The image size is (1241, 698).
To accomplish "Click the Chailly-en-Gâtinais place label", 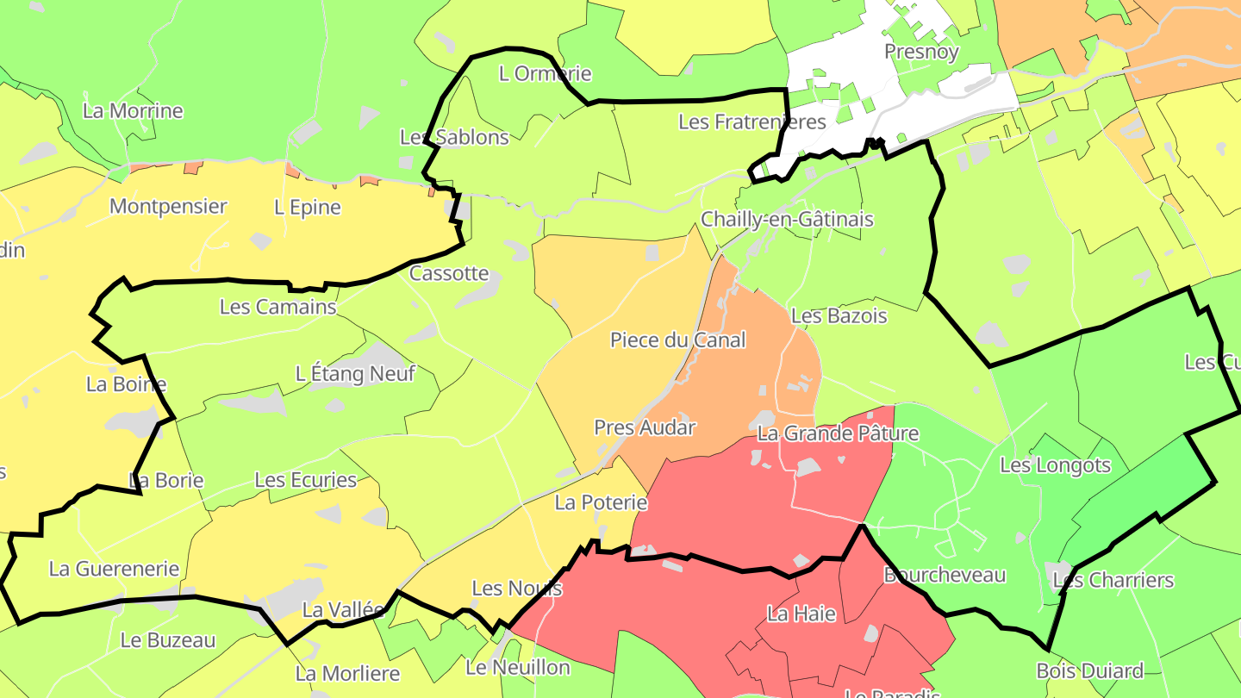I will coord(787,220).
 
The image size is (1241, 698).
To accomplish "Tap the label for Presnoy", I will coord(921,52).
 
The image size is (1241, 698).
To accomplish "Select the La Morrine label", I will coord(133,111).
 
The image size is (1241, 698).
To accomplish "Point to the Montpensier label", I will coord(168,207).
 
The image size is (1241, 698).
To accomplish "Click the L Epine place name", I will coord(308,208).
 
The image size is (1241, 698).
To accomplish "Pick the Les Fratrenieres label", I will coord(751,122).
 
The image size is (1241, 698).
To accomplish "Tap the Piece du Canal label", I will coord(677,340).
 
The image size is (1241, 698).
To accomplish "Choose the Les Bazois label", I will coord(839,316).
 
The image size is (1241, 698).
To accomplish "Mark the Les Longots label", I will coord(1055,466).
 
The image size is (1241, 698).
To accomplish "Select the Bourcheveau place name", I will coord(945,575).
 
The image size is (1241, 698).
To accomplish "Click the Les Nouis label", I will coord(517,589).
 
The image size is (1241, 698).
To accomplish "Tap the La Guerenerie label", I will coord(114,569).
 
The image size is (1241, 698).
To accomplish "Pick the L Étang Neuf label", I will coord(355,374).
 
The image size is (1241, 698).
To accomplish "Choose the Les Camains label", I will coord(278,307).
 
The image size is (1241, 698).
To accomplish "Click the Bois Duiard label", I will coord(1089,671).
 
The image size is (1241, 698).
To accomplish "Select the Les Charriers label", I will coord(1113,581).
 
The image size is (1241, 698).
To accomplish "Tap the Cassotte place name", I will coord(449,274).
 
